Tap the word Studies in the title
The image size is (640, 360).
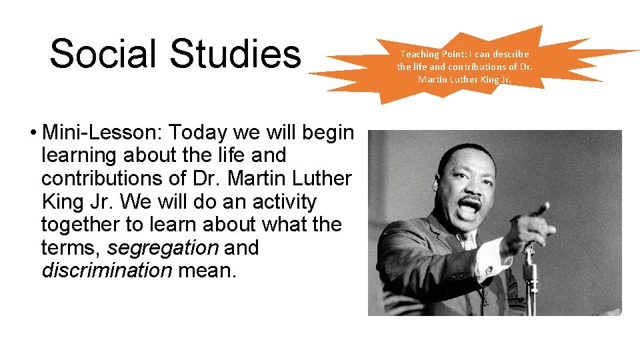(235, 54)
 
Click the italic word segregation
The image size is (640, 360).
(163, 248)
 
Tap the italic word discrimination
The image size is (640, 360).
(107, 271)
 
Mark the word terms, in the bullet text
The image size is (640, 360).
(71, 248)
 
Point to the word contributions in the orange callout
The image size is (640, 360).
(475, 67)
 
